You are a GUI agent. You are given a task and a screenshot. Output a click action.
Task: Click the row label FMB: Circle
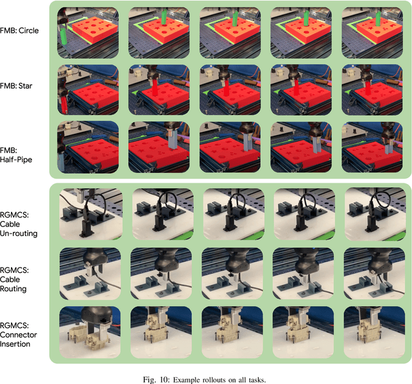tap(19, 31)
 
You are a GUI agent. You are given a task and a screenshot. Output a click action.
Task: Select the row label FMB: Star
tap(16, 86)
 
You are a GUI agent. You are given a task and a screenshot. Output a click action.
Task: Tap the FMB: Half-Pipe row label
tap(16, 155)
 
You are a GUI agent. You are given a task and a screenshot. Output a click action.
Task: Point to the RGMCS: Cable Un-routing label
tap(19, 224)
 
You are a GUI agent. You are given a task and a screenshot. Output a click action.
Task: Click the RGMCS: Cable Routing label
tap(14, 279)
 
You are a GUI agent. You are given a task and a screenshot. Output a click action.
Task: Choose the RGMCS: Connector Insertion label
tap(19, 334)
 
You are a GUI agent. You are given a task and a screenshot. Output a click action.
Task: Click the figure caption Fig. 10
tap(205, 379)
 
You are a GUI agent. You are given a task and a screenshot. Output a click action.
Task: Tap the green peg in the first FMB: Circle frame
tap(64, 37)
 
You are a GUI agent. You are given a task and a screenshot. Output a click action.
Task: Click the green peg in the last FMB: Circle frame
tap(378, 19)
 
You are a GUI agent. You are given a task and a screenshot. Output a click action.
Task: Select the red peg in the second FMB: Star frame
tap(154, 89)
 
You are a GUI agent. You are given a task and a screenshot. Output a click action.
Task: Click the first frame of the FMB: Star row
tap(88, 90)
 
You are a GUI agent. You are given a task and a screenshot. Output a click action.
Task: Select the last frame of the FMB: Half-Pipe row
tap(372, 147)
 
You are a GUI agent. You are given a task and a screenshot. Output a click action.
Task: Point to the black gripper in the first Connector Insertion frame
tap(97, 316)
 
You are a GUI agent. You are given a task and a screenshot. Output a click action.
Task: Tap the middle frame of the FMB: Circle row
tap(230, 33)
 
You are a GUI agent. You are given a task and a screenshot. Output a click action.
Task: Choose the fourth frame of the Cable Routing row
tap(303, 274)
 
